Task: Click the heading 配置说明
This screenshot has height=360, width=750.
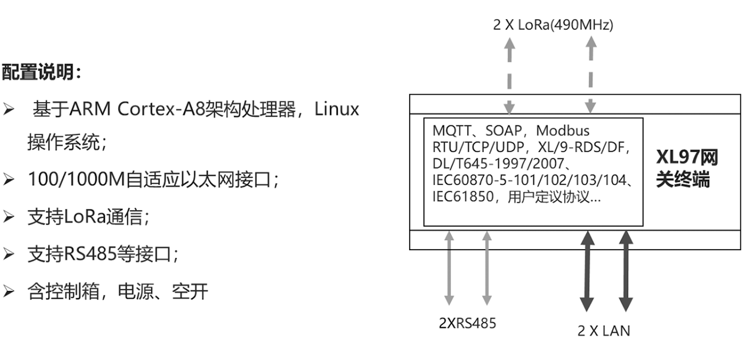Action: point(41,73)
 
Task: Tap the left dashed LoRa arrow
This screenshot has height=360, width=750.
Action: point(509,75)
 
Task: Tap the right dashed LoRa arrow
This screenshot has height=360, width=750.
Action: point(591,75)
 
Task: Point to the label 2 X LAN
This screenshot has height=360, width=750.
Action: point(604,330)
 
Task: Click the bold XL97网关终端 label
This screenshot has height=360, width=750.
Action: point(686,169)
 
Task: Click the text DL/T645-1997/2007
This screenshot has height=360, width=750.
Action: point(499,163)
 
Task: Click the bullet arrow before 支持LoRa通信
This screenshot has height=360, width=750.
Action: point(9,217)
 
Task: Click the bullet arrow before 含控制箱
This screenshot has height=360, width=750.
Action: point(9,292)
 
